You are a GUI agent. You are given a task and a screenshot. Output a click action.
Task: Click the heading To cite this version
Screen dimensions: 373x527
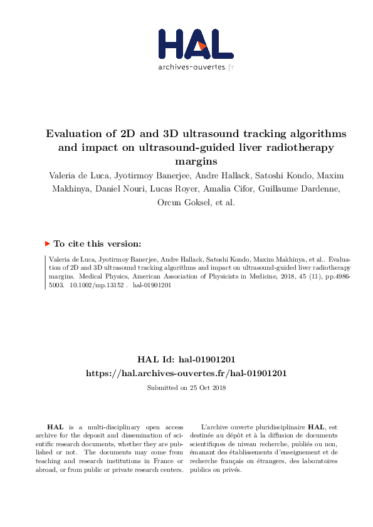[97, 244]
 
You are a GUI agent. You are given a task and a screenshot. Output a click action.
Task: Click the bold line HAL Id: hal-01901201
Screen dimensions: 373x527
[186, 359]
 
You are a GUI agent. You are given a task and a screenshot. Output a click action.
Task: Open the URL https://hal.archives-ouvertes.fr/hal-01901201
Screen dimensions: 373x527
[186, 373]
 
